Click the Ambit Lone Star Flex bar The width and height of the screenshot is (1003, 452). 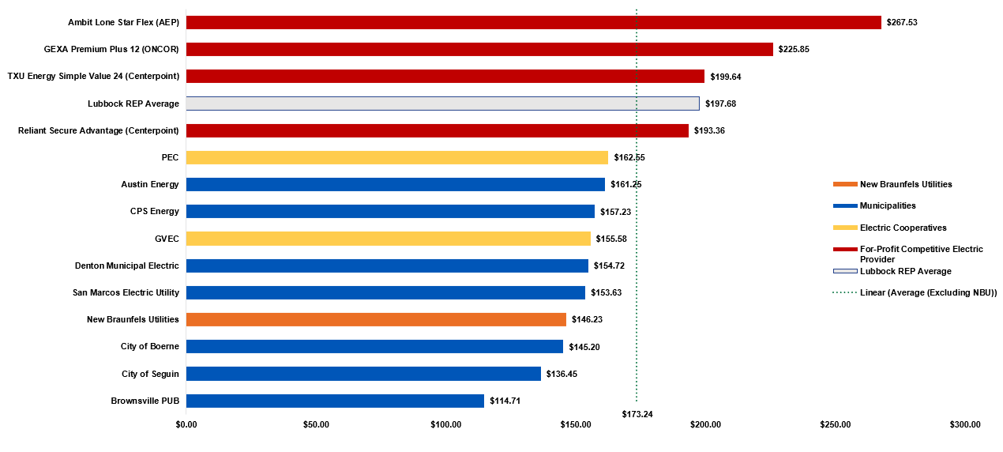coord(533,22)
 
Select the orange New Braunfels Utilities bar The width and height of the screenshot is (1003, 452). coord(376,319)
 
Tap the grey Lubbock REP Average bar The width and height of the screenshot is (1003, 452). coord(442,104)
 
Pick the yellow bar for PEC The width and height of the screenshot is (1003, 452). coord(396,157)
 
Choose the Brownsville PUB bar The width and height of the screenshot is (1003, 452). coord(335,401)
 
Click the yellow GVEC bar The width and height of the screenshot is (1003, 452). coord(388,239)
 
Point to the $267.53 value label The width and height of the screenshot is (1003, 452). coord(902,22)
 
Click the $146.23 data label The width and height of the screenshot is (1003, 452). coord(587,320)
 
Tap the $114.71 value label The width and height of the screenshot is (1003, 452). coord(505,401)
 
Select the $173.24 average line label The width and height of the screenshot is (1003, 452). coord(637,413)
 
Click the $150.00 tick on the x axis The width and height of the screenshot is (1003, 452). coord(576,425)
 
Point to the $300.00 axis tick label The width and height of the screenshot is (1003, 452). coord(965,425)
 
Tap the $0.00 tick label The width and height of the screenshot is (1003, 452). coord(186,425)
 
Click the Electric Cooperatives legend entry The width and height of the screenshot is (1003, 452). coord(903,228)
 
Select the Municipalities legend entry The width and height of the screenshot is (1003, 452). coord(888,205)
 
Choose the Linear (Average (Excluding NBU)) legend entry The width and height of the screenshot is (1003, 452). coord(928,293)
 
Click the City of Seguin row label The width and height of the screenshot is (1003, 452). coord(150,374)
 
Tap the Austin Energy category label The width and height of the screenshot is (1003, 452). coord(150,184)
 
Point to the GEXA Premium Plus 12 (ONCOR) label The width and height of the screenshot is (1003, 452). coord(111,49)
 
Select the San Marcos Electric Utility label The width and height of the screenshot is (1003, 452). coord(126,292)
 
